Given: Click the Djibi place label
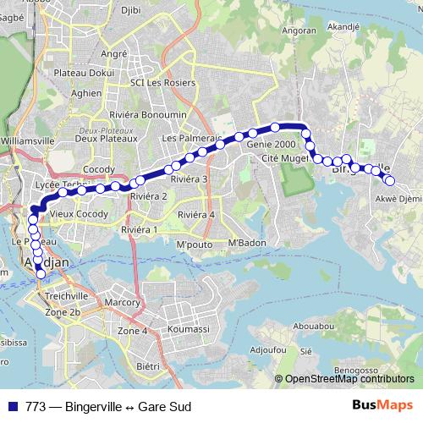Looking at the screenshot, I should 130,10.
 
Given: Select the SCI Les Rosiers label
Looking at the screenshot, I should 162,83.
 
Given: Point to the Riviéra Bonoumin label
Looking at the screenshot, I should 152,114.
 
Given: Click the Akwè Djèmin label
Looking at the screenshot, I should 398,200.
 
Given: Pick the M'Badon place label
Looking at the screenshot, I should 247,245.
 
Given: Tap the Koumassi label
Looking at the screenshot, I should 188,327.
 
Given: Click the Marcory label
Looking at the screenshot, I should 122,301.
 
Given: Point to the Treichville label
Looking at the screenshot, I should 67,297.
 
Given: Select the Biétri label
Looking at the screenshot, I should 148,366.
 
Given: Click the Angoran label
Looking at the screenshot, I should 304,31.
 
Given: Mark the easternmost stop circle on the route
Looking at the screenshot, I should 390,179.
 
